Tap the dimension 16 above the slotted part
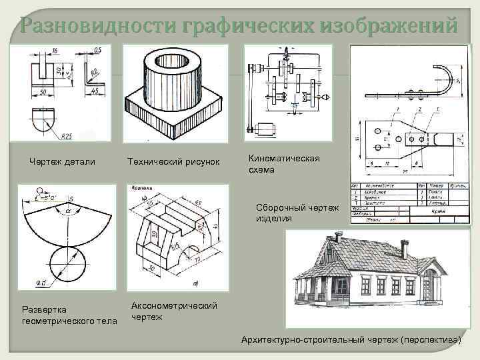54,51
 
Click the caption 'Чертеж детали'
62,162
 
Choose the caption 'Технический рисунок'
173,163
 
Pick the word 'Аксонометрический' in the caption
175,305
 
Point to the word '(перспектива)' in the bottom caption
430,341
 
